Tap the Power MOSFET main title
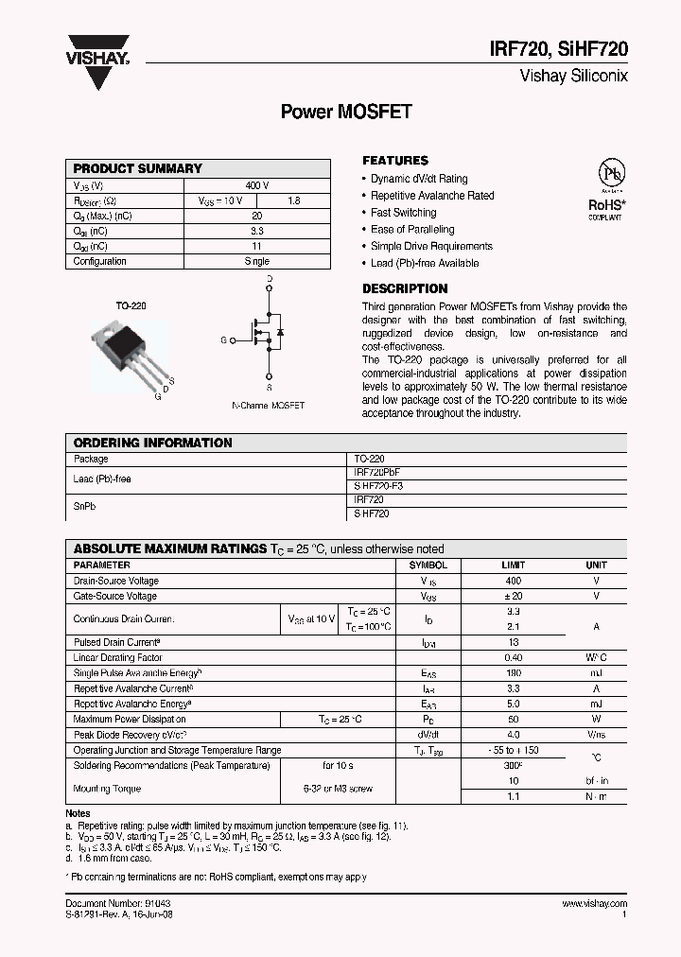[346, 111]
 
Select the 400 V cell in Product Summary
[256, 185]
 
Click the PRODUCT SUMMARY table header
[138, 168]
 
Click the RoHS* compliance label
[606, 203]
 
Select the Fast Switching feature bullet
[403, 213]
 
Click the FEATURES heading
[395, 161]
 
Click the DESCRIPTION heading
[405, 288]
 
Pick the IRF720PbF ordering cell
[382, 471]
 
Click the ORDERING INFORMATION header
[152, 443]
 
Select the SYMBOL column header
[428, 565]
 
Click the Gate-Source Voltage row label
[115, 596]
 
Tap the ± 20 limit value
[513, 596]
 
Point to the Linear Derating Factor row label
[118, 657]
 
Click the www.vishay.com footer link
[594, 904]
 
